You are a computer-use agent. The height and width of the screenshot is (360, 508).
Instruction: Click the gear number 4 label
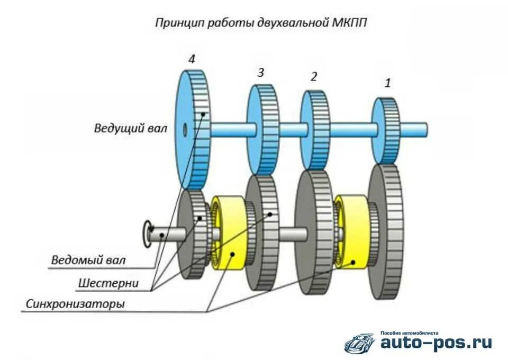point(192,59)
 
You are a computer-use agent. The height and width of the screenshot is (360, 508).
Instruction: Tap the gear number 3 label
point(260,73)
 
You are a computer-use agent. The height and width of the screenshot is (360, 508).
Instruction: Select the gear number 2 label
point(314,77)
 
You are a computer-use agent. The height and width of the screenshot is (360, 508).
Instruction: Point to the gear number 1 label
point(388,83)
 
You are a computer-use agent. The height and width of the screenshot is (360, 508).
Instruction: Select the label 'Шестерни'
point(108,283)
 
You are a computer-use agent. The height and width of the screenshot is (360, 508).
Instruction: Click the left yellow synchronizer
point(229,233)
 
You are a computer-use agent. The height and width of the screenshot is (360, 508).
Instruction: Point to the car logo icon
point(360,344)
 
